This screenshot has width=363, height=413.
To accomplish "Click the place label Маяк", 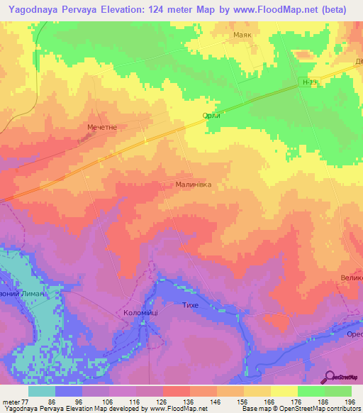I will pos(243,34).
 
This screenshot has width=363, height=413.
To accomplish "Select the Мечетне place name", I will pos(102,126).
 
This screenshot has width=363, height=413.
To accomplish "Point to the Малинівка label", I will pos(193,184).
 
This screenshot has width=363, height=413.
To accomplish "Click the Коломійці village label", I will pos(136,312).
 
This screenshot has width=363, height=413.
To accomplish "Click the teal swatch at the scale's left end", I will pos(42,391).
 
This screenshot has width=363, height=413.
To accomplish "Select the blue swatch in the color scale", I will pos(69,391).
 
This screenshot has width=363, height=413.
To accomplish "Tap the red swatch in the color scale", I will pos(177,391).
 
